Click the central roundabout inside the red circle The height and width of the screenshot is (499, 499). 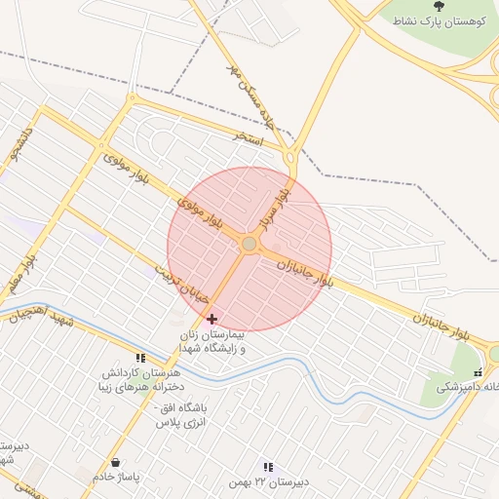pyautogui.click(x=249, y=243)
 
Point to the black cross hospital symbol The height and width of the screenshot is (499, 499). pyautogui.click(x=212, y=319)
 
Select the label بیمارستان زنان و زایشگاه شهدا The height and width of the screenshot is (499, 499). pyautogui.click(x=212, y=340)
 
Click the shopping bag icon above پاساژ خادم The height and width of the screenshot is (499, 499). pyautogui.click(x=116, y=462)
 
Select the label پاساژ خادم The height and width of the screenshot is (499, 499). pyautogui.click(x=117, y=478)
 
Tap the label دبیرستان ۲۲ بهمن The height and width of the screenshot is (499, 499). pyautogui.click(x=267, y=482)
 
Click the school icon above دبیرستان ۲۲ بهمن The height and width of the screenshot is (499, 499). pyautogui.click(x=268, y=467)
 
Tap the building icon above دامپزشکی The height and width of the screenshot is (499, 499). pyautogui.click(x=478, y=372)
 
